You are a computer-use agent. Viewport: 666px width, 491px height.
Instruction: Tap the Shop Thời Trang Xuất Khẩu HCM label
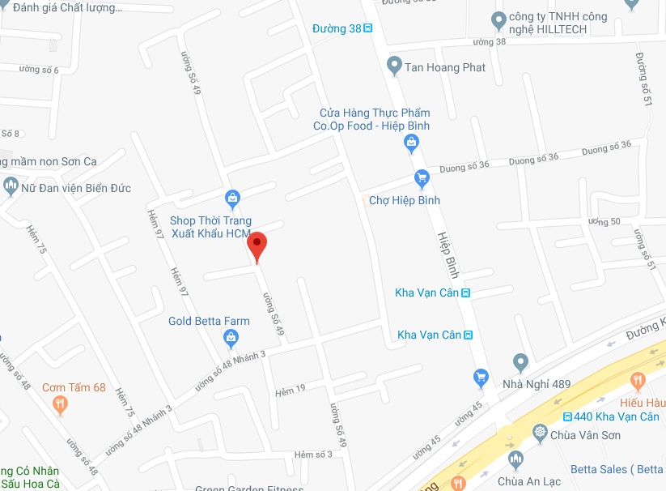210,227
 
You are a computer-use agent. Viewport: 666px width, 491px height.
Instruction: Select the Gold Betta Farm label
209,321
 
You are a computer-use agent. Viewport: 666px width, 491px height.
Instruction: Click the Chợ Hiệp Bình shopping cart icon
421,178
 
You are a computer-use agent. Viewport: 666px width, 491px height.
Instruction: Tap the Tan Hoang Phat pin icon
394,65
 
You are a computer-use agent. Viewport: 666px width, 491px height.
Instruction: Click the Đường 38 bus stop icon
368,29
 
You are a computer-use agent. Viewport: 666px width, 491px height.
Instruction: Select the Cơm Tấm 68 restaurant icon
60,406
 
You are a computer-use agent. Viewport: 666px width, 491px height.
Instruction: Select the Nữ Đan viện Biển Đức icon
11,186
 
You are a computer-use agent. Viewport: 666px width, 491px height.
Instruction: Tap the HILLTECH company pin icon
498,19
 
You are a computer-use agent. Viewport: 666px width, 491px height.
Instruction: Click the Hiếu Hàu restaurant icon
638,380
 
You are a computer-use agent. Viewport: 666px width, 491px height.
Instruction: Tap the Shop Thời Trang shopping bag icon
232,198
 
